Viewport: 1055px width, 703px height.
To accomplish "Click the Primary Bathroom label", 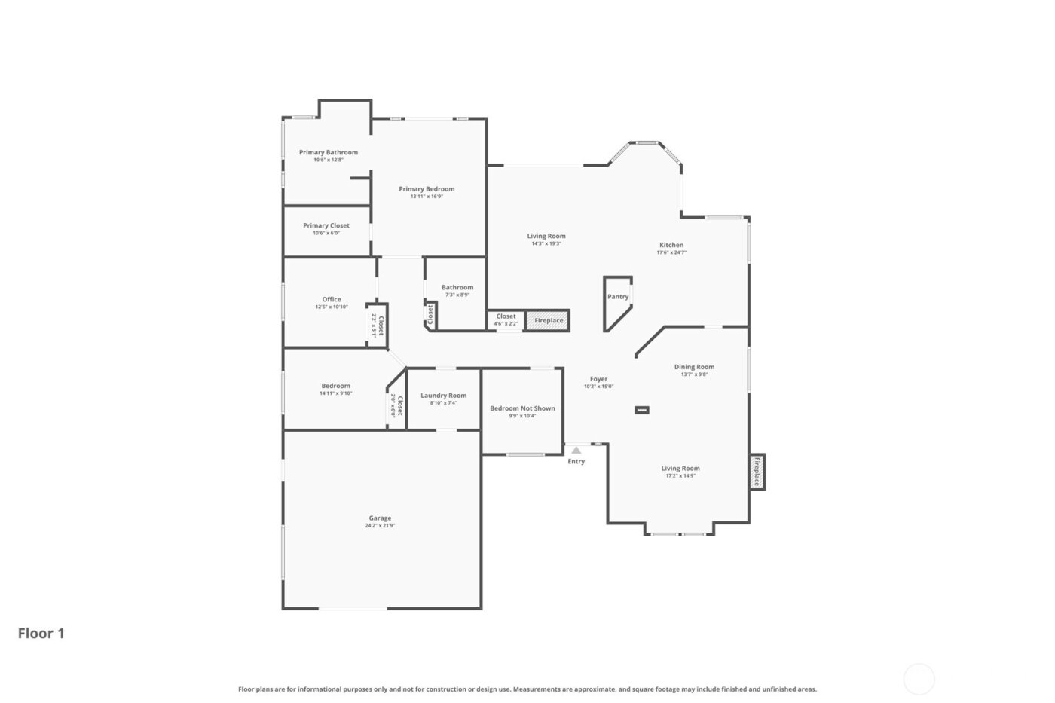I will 328,152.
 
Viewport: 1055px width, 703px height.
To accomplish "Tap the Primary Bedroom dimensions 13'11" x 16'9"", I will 427,197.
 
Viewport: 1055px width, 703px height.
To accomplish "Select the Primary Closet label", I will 326,225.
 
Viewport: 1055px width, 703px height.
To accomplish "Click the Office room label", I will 332,299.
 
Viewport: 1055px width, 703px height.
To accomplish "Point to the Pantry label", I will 618,297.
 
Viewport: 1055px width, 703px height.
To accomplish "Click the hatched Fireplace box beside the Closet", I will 548,321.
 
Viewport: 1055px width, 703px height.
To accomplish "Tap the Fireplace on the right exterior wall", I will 757,472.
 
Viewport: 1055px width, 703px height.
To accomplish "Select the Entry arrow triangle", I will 576,450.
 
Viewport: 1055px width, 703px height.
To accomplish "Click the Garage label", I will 380,518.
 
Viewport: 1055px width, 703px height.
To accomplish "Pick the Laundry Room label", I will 443,395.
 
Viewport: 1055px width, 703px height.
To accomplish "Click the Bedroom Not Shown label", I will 522,408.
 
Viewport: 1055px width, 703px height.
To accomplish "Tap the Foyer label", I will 598,379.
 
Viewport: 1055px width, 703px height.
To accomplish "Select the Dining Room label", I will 694,367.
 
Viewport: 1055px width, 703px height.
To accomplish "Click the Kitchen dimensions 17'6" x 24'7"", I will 671,253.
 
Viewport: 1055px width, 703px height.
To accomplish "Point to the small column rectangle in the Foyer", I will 642,410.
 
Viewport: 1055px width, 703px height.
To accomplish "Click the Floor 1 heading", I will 41,633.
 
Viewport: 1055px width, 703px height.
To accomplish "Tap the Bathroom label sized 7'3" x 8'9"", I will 457,287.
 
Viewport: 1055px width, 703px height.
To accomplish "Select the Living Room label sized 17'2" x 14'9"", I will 680,468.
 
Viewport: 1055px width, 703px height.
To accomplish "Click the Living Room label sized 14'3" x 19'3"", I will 546,236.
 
